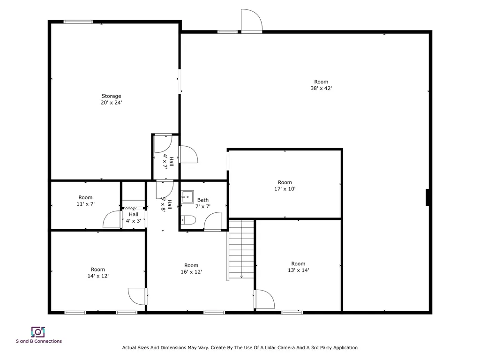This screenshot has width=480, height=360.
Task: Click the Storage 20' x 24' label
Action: [x=111, y=99]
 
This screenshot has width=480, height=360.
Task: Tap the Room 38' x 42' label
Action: [x=321, y=85]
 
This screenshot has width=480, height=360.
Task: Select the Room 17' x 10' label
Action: [x=285, y=186]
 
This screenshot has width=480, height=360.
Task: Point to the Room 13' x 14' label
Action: [x=298, y=267]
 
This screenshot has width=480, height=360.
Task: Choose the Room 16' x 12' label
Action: [x=191, y=269]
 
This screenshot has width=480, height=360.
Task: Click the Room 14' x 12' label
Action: [x=98, y=273]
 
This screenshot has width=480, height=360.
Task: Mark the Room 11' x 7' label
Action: [x=85, y=201]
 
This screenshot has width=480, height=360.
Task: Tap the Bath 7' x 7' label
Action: [x=203, y=203]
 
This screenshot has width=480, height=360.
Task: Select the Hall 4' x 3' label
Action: [x=133, y=217]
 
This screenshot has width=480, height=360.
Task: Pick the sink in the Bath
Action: [x=188, y=196]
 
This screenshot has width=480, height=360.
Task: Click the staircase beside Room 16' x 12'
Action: [x=241, y=250]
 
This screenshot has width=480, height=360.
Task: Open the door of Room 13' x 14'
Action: [x=264, y=299]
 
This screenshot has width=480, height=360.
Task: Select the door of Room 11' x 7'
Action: [x=112, y=219]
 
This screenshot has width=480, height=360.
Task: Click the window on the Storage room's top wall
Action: [x=78, y=22]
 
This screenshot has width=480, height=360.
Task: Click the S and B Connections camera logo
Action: [x=38, y=332]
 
